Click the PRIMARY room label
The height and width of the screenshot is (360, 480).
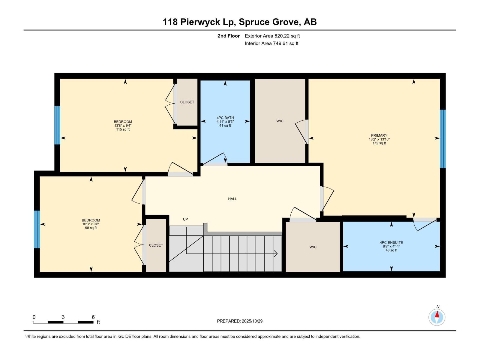tap(379, 135)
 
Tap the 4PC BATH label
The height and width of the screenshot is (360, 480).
tap(225, 118)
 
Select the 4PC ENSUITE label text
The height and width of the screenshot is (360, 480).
tap(391, 242)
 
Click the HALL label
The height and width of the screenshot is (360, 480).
tap(232, 199)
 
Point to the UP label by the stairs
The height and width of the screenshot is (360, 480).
tap(185, 219)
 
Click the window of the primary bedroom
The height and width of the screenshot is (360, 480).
tap(442, 139)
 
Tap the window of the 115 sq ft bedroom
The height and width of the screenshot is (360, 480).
tap(57, 125)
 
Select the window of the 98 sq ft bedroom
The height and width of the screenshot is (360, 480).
tap(37, 229)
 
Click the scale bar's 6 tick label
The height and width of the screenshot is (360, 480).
tap(93, 317)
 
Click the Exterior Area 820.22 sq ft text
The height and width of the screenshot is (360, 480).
tap(272, 36)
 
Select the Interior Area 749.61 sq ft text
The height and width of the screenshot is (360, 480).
tap(271, 43)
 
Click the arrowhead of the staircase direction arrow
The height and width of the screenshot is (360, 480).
tap(276, 254)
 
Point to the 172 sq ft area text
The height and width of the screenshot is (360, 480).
tap(379, 143)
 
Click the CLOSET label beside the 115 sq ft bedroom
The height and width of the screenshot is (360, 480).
tap(187, 102)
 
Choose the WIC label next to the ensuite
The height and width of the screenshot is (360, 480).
tap(313, 247)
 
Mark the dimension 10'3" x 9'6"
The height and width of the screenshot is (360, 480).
tap(91, 224)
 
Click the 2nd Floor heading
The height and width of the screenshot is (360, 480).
tap(229, 36)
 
